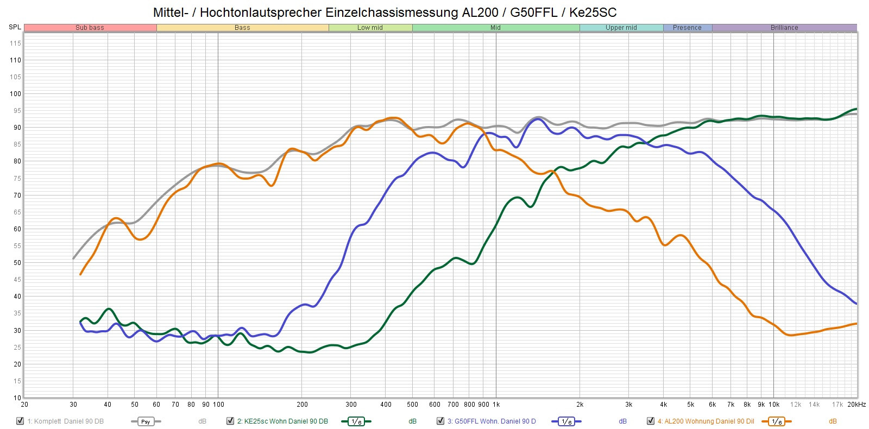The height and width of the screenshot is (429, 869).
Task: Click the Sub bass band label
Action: (90, 28)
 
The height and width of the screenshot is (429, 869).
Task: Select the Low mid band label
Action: (370, 28)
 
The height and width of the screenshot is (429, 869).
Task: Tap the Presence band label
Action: (687, 28)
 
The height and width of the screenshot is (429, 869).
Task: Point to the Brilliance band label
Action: (784, 28)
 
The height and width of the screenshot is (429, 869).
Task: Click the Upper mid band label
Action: (621, 28)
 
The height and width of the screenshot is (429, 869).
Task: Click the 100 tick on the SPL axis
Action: (15, 94)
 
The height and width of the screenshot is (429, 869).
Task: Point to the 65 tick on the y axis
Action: (17, 212)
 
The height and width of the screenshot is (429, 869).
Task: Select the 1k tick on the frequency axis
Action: (496, 405)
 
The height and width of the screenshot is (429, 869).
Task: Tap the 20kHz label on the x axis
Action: (857, 405)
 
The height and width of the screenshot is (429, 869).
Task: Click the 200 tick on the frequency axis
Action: (302, 405)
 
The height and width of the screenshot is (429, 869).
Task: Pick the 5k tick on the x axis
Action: (690, 405)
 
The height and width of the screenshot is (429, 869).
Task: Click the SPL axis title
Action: (15, 27)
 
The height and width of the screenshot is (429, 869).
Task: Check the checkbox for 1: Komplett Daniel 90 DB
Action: (20, 421)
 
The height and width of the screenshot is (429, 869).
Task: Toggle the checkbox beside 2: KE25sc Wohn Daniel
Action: (230, 421)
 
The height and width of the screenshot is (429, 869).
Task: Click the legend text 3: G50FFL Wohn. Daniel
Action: (491, 421)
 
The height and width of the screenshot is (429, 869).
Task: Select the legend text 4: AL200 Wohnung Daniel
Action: (706, 421)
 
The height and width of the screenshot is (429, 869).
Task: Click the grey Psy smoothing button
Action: (146, 421)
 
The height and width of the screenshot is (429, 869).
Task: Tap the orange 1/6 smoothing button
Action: (777, 421)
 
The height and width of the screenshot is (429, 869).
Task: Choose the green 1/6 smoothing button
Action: (356, 421)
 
